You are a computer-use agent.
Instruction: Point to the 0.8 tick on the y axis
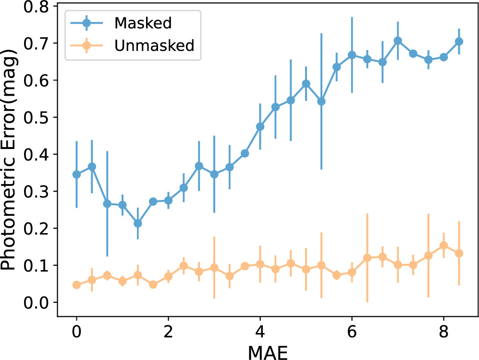tap(39, 7)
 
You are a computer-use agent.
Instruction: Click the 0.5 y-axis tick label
tap(39, 117)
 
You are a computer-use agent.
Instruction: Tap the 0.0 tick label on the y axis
tap(39, 303)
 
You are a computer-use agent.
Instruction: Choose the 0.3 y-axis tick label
tap(39, 191)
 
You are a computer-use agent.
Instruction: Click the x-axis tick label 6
tap(352, 333)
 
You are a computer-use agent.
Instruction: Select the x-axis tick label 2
tap(168, 333)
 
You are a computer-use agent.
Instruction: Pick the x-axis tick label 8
tap(443, 333)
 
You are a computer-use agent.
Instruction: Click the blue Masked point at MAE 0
tap(76, 174)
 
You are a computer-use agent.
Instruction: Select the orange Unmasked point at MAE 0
tap(76, 285)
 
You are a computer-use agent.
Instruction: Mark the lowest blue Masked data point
tap(138, 223)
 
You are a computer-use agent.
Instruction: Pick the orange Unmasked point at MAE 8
tap(443, 246)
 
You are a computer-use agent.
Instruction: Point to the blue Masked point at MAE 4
tap(260, 126)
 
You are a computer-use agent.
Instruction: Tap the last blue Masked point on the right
tap(459, 41)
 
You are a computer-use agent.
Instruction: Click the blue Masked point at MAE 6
tap(352, 55)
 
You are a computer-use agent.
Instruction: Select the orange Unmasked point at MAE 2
tap(168, 276)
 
